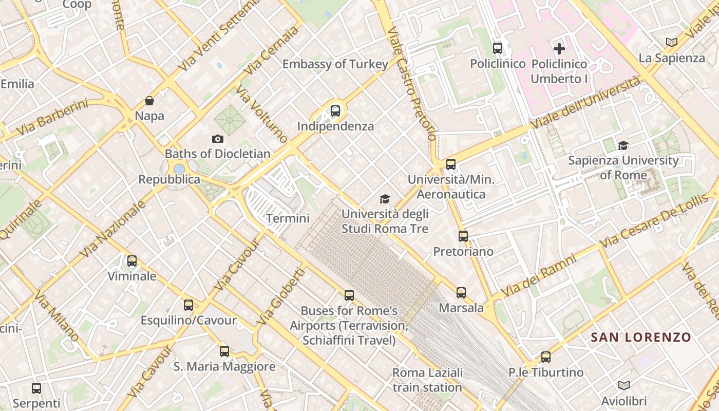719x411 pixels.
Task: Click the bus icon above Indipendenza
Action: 335,110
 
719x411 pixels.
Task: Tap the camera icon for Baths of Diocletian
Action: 218,139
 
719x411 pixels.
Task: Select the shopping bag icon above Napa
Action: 149,101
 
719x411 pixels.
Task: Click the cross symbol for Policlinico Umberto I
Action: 559,49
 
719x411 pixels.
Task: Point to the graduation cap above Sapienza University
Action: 623,145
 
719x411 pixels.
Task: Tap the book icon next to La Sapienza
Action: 671,42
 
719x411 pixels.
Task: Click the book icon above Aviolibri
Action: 624,385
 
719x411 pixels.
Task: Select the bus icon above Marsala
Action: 461,293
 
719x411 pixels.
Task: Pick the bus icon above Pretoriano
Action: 463,236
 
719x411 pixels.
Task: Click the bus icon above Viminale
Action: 132,261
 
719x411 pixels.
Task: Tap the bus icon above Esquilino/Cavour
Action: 188,305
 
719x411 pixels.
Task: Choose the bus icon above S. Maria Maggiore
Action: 224,351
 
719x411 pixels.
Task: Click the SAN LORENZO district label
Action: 641,338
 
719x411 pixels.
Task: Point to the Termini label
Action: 288,218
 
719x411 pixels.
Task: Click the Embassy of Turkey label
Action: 335,64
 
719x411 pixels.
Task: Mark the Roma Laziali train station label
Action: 427,380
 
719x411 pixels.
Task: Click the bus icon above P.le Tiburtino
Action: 546,357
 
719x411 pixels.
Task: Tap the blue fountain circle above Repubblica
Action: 179,169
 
